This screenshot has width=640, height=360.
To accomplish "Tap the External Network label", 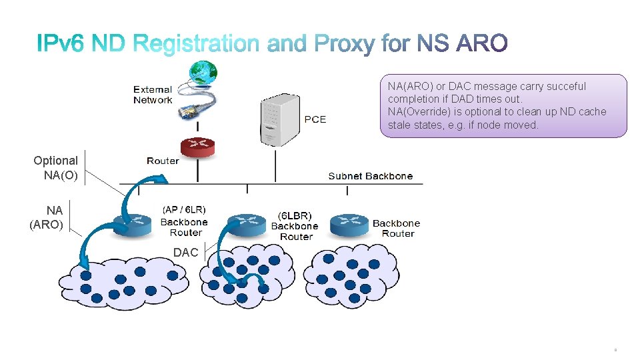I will click(153, 95).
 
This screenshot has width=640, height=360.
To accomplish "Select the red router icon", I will click(198, 147).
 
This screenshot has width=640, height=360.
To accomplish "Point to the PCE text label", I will click(315, 119).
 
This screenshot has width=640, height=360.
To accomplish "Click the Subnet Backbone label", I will click(371, 176).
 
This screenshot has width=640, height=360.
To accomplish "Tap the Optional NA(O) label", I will click(56, 168).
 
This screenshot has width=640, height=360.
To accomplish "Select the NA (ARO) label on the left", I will click(47, 218).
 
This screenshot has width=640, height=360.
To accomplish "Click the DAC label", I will click(185, 253).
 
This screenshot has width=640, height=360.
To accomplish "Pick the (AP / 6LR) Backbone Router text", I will click(185, 221).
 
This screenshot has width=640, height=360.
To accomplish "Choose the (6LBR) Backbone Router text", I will click(295, 226).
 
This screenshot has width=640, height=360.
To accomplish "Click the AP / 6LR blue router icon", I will click(132, 223).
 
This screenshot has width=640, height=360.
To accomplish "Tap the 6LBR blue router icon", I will click(246, 224).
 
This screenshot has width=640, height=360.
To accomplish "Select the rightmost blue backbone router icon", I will click(349, 224).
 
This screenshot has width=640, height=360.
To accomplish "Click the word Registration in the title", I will click(196, 45).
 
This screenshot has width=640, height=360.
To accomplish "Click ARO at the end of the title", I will click(481, 45).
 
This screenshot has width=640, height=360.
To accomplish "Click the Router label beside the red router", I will click(163, 161).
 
